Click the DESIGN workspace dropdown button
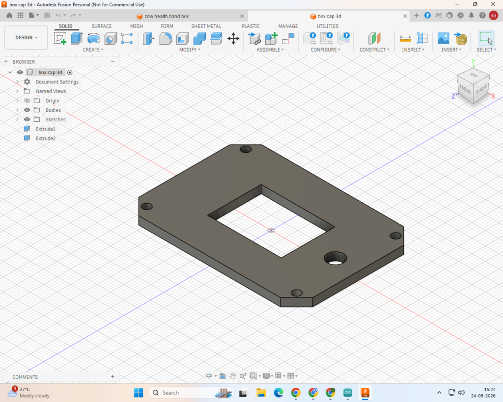[x=26, y=37]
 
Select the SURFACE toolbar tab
[x=101, y=27]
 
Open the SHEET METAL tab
[x=206, y=27]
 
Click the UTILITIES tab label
[x=328, y=27]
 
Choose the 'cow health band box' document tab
[x=167, y=16]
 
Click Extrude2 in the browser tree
[x=46, y=138]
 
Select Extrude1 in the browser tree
[x=46, y=129]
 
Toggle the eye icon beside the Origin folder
[x=28, y=101]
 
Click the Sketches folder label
[x=56, y=120]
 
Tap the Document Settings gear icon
[x=28, y=82]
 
